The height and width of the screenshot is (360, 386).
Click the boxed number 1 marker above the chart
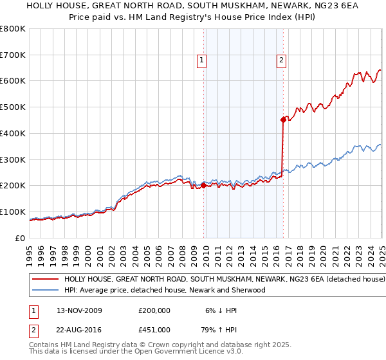coord(201,61)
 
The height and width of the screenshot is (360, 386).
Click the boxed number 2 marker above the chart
coord(282,61)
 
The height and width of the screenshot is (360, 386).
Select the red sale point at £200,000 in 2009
coord(204,185)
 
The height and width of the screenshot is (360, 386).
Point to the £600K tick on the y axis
coord(13,81)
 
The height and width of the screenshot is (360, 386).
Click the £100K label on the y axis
coord(13,212)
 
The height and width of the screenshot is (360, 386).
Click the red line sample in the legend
coord(46,280)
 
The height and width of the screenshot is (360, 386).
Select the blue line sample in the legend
coord(46,290)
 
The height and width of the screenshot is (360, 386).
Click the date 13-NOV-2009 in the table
coord(79,310)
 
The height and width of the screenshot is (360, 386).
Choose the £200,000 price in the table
coord(154,310)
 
